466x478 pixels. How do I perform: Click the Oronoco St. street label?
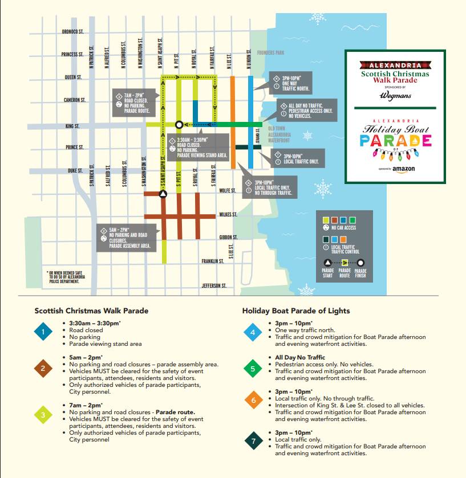coord(72,32)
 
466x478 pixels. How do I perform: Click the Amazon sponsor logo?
coord(396,169)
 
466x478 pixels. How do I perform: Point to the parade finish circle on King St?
coord(179,124)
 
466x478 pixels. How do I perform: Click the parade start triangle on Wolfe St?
coord(163,194)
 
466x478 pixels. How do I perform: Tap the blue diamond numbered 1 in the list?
coord(43,332)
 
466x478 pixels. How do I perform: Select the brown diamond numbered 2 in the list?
coord(43,368)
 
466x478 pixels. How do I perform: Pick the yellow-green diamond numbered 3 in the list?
coord(43,415)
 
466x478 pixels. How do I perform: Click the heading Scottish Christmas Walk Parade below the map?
coord(91,311)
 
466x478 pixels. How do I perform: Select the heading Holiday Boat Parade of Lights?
coord(296,311)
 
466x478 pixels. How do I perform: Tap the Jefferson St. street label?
coord(214,285)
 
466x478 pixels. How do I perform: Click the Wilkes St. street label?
coord(228,215)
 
